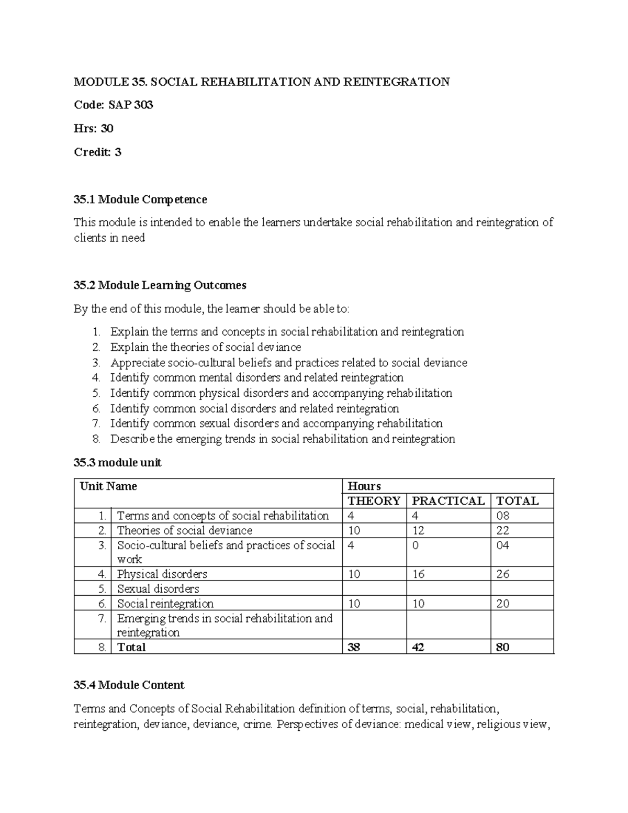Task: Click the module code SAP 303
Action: [130, 105]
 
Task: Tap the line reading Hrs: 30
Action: [94, 128]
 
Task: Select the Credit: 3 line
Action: [97, 152]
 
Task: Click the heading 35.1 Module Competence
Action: [140, 199]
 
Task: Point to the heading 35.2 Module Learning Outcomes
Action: [160, 285]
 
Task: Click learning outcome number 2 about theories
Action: [205, 347]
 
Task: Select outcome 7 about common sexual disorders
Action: [276, 423]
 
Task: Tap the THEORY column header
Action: [374, 500]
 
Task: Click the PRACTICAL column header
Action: [448, 500]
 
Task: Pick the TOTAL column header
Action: [517, 500]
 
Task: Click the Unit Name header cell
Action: [108, 486]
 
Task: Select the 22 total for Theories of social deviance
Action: [502, 530]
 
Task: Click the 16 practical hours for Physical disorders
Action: [418, 574]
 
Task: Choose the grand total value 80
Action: [502, 647]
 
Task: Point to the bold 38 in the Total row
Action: [354, 647]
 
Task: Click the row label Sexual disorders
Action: [158, 588]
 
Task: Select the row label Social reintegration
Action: [165, 603]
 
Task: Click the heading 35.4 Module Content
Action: [129, 685]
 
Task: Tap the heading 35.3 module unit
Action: [117, 462]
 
